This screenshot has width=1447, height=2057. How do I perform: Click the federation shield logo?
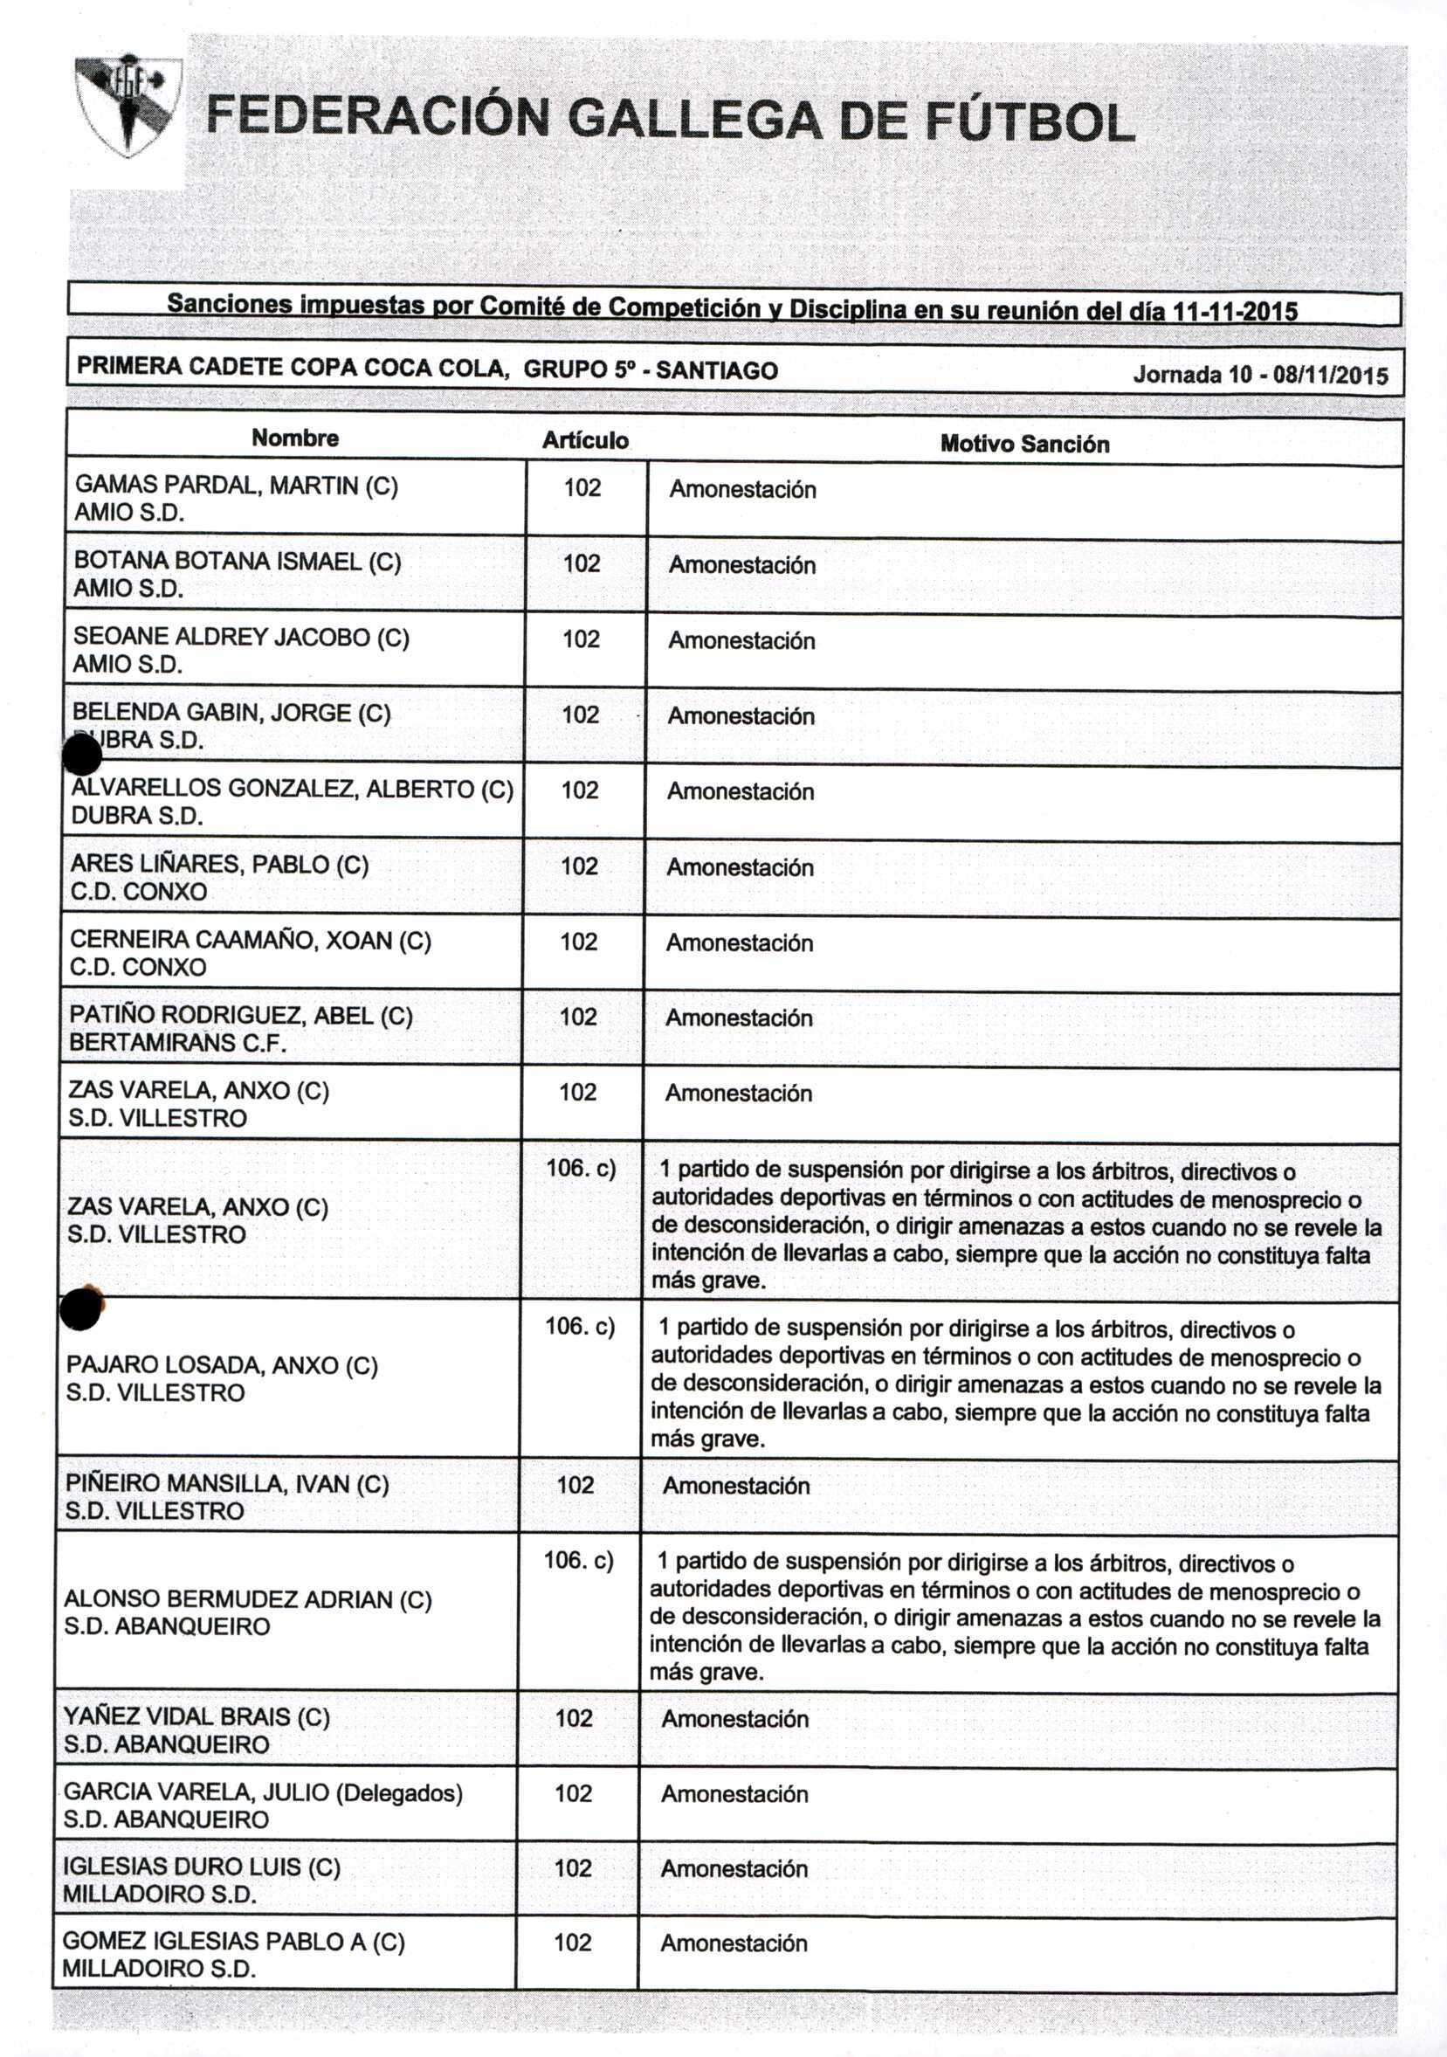tap(129, 105)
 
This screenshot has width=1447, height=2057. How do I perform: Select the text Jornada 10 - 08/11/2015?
tap(1260, 375)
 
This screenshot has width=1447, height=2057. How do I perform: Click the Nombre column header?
tap(295, 438)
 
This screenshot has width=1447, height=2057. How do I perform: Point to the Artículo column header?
tap(584, 441)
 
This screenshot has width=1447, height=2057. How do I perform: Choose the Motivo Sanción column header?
tap(1024, 445)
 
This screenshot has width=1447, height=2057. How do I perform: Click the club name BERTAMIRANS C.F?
tap(177, 1043)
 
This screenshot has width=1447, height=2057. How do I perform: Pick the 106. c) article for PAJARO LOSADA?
tap(580, 1326)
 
